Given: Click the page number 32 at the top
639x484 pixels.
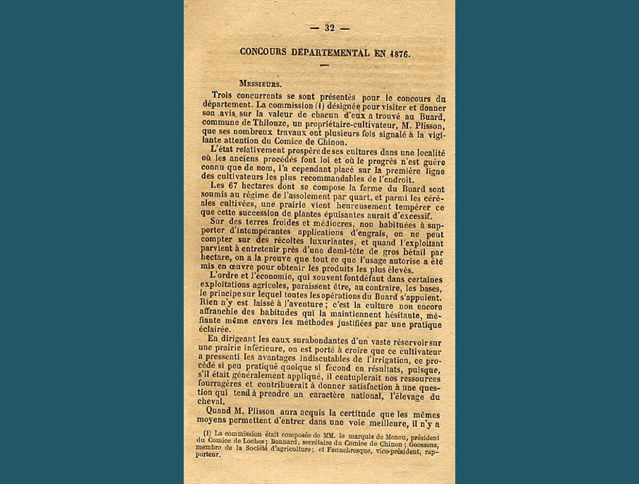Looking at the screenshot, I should pyautogui.click(x=329, y=28).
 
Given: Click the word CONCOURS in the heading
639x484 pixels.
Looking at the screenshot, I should pyautogui.click(x=265, y=53).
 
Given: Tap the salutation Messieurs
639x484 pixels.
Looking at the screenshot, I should pyautogui.click(x=260, y=84).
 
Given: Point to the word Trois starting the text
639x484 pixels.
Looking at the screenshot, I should pyautogui.click(x=225, y=97).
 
